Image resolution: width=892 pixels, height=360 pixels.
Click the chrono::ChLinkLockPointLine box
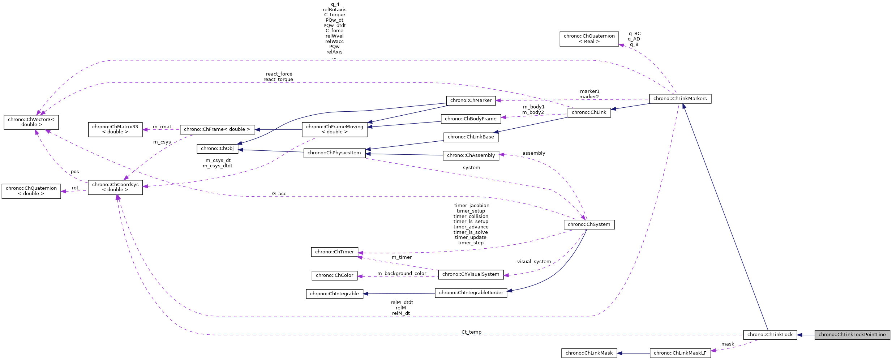pyautogui.click(x=852, y=335)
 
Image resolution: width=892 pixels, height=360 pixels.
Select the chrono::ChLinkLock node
pyautogui.click(x=770, y=335)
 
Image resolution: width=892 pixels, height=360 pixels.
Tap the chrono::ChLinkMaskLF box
pyautogui.click(x=680, y=353)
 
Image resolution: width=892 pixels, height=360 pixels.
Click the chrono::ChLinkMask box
pyautogui.click(x=589, y=353)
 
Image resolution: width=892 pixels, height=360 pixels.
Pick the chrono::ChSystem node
pyautogui.click(x=589, y=224)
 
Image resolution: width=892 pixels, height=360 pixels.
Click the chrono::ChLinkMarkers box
pyautogui.click(x=680, y=99)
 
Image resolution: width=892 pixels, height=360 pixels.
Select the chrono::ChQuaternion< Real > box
pyautogui.click(x=589, y=39)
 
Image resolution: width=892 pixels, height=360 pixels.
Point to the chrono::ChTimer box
pyautogui.click(x=334, y=252)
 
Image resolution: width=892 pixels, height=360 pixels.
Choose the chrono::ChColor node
pyautogui.click(x=334, y=275)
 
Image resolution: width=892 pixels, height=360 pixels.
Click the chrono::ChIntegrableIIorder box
pyautogui.click(x=471, y=293)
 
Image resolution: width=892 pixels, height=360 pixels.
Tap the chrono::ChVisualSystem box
pyautogui.click(x=471, y=274)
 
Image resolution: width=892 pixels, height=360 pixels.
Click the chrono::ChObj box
pyautogui.click(x=217, y=149)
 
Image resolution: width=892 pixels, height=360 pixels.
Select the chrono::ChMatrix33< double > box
pyautogui.click(x=115, y=129)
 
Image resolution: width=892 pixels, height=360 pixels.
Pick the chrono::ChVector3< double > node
pyautogui.click(x=31, y=122)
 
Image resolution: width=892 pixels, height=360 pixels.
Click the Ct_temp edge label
pyautogui.click(x=471, y=332)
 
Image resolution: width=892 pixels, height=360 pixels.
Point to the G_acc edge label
pyautogui.click(x=279, y=194)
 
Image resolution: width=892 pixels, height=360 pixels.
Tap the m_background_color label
pyautogui.click(x=402, y=274)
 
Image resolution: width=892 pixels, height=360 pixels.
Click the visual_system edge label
pyautogui.click(x=534, y=262)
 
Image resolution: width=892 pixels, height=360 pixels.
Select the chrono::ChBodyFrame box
pyautogui.click(x=471, y=119)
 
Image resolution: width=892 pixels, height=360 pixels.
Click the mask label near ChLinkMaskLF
pyautogui.click(x=728, y=344)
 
